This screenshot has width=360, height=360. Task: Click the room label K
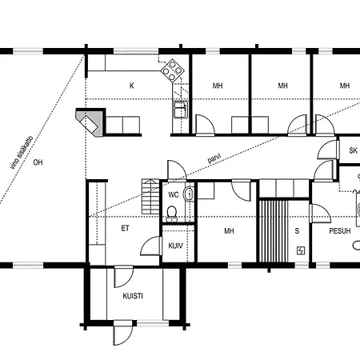point(131,86)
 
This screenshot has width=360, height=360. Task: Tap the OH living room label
point(38,162)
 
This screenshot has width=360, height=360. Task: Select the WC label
point(174,194)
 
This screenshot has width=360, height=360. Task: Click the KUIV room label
point(175,246)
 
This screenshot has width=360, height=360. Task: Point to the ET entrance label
point(125,228)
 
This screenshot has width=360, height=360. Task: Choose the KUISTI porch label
point(133,296)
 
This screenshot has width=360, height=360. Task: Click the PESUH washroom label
point(340,231)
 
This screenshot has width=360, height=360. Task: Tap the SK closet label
point(353,150)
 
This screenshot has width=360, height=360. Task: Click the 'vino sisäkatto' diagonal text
point(22,153)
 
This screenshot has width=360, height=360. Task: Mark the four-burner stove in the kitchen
point(173,70)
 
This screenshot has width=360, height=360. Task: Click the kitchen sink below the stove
point(181,110)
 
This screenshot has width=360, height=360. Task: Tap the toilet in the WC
point(172,214)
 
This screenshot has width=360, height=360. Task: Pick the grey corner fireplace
point(90,122)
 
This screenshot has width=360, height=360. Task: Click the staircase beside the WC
point(150,197)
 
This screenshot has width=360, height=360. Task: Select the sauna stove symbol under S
point(301,250)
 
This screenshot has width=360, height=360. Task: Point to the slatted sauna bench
point(274,231)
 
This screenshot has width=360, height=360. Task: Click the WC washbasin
point(188,194)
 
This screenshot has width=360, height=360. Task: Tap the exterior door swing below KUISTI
point(122,334)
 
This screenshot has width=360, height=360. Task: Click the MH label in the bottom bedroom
point(229,231)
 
